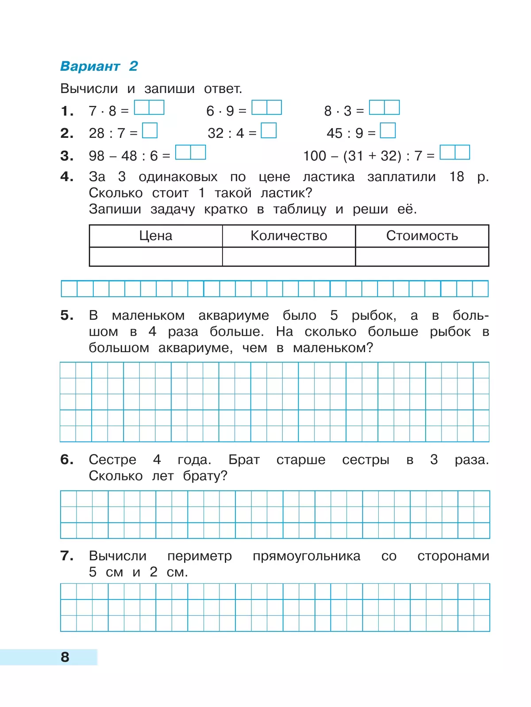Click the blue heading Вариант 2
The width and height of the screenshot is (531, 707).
[x=99, y=66]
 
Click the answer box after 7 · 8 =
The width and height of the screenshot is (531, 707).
[x=149, y=108]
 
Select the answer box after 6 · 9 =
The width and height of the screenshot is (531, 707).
[x=266, y=108]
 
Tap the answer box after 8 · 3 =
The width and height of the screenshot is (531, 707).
[x=384, y=108]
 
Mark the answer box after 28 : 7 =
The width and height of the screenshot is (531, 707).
[x=150, y=131]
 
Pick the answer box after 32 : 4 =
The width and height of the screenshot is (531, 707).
[x=269, y=131]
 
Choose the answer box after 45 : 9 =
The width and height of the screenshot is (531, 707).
[x=388, y=131]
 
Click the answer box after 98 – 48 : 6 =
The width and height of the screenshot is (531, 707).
[x=191, y=152]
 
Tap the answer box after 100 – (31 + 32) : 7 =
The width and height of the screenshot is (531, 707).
[x=455, y=152]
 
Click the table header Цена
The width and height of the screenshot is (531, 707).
[x=156, y=236]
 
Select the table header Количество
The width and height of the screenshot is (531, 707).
[x=289, y=236]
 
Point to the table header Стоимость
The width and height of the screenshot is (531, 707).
[x=422, y=236]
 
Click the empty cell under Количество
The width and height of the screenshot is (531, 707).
[x=289, y=256]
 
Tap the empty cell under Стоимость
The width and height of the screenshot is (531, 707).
[x=422, y=256]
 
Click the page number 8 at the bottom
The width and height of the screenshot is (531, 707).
[x=65, y=657]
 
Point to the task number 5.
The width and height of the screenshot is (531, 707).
[x=67, y=315]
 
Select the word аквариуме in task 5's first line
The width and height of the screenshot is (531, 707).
[x=233, y=315]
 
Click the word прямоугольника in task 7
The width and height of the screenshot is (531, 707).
[x=306, y=556]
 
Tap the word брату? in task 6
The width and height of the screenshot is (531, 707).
[x=205, y=476]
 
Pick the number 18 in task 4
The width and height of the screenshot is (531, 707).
[x=457, y=177]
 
